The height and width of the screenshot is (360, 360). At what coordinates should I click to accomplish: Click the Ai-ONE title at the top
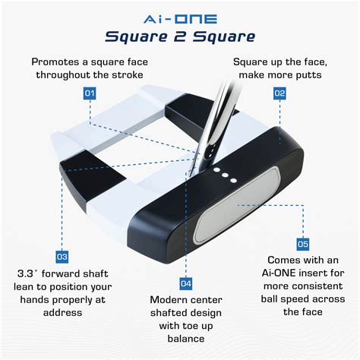180,15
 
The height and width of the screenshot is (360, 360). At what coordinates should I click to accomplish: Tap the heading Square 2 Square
180,36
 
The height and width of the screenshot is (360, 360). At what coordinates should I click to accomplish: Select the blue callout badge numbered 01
90,93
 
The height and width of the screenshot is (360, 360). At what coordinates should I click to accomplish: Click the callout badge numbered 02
279,93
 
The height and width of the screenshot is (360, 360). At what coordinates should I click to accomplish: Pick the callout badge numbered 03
62,257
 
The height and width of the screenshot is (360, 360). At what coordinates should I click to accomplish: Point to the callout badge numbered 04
185,283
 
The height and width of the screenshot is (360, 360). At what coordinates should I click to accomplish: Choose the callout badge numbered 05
302,245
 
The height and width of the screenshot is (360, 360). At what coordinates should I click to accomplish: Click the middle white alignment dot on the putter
226,176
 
